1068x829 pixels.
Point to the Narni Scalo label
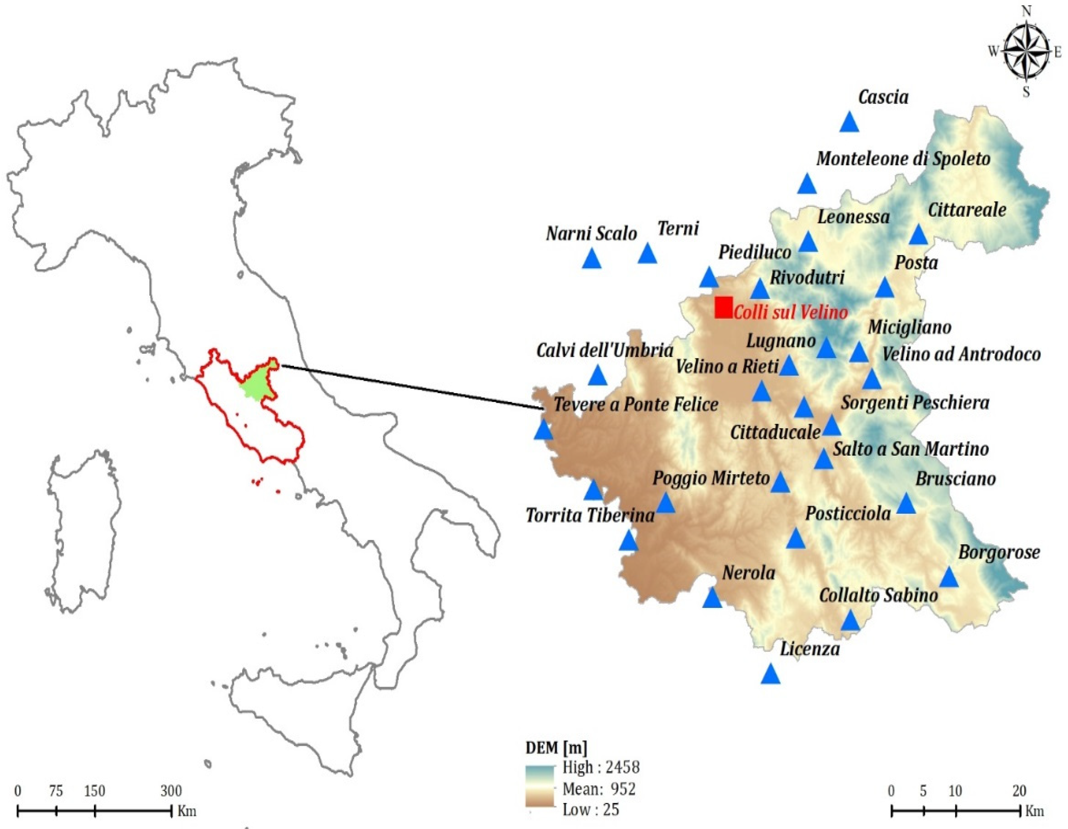pyautogui.click(x=591, y=234)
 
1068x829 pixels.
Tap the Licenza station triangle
pyautogui.click(x=771, y=675)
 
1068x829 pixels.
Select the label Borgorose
pyautogui.click(x=999, y=552)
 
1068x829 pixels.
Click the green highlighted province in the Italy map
pyautogui.click(x=255, y=386)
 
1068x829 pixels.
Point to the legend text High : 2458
pyautogui.click(x=601, y=768)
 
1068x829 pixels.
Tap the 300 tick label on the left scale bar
pyautogui.click(x=171, y=791)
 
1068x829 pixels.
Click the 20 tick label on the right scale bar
pyautogui.click(x=1019, y=791)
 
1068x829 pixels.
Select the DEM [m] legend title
pyautogui.click(x=556, y=748)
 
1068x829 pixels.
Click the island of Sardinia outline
pyautogui.click(x=83, y=533)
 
